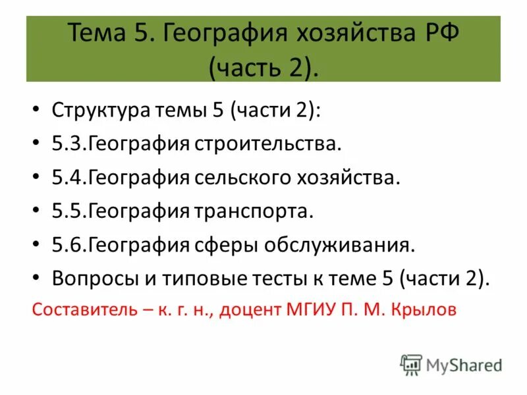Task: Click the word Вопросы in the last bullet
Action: (91, 278)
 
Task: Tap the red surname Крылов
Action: (423, 311)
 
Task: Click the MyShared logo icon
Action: (411, 364)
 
